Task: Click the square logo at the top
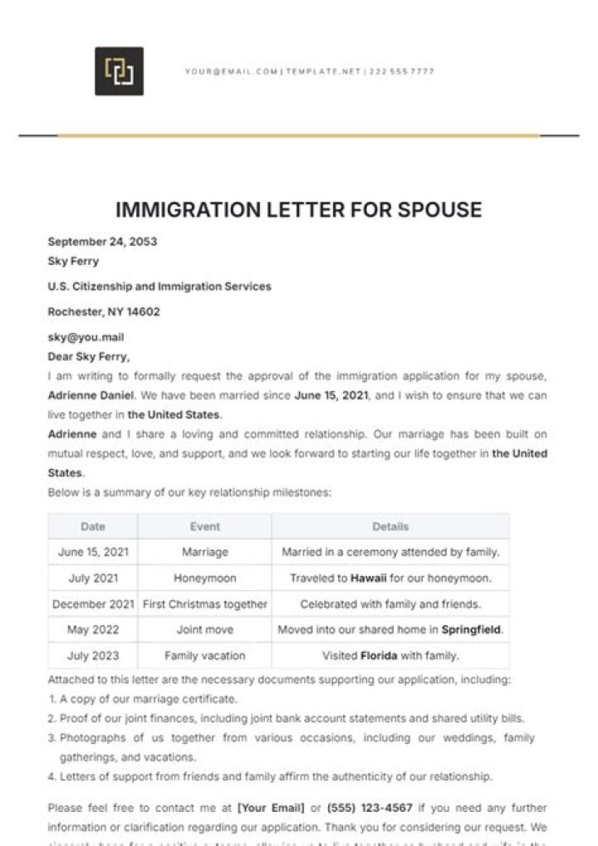(119, 71)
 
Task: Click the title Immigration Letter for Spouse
(298, 209)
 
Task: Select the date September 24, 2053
(102, 242)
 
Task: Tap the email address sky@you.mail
(86, 338)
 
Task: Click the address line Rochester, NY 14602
(104, 312)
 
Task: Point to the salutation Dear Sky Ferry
(89, 357)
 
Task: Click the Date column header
(93, 526)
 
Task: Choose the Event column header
(205, 526)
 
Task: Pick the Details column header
(390, 526)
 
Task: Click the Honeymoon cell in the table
(205, 578)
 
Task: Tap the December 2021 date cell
(93, 604)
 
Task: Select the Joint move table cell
(205, 629)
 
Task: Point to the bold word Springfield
(471, 629)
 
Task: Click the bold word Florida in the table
(380, 655)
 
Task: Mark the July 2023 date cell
(93, 655)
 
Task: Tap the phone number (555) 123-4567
(370, 807)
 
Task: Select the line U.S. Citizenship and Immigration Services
(159, 286)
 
